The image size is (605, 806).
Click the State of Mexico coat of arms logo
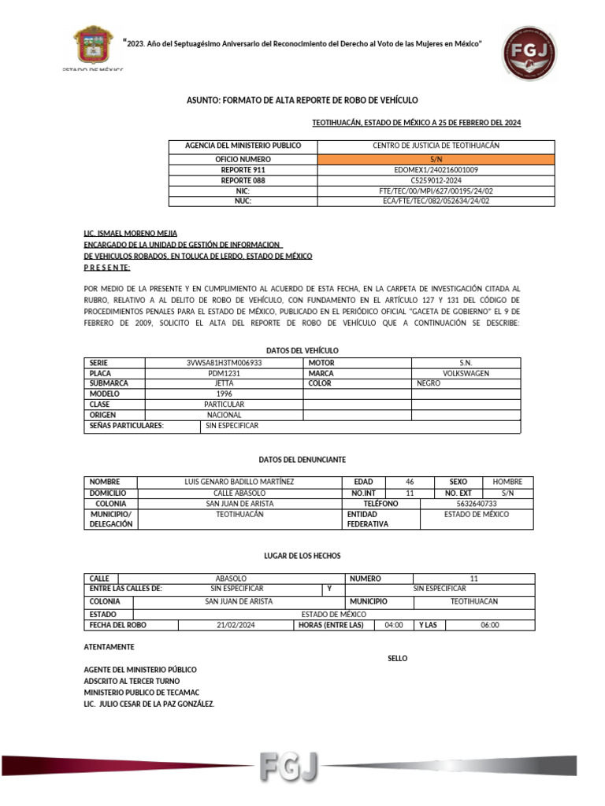[92, 46]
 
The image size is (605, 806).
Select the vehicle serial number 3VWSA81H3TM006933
[224, 363]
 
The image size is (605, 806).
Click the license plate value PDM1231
[224, 373]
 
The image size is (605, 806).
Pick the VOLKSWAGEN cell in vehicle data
[466, 373]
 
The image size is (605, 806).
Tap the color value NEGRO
[429, 383]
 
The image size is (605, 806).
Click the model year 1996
[224, 394]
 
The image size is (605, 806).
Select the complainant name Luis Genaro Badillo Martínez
[239, 482]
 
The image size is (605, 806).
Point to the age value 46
[409, 482]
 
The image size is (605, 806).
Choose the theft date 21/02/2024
[236, 625]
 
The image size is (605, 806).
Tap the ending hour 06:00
[489, 625]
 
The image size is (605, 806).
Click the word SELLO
[398, 658]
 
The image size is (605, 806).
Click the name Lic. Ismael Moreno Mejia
[130, 233]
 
